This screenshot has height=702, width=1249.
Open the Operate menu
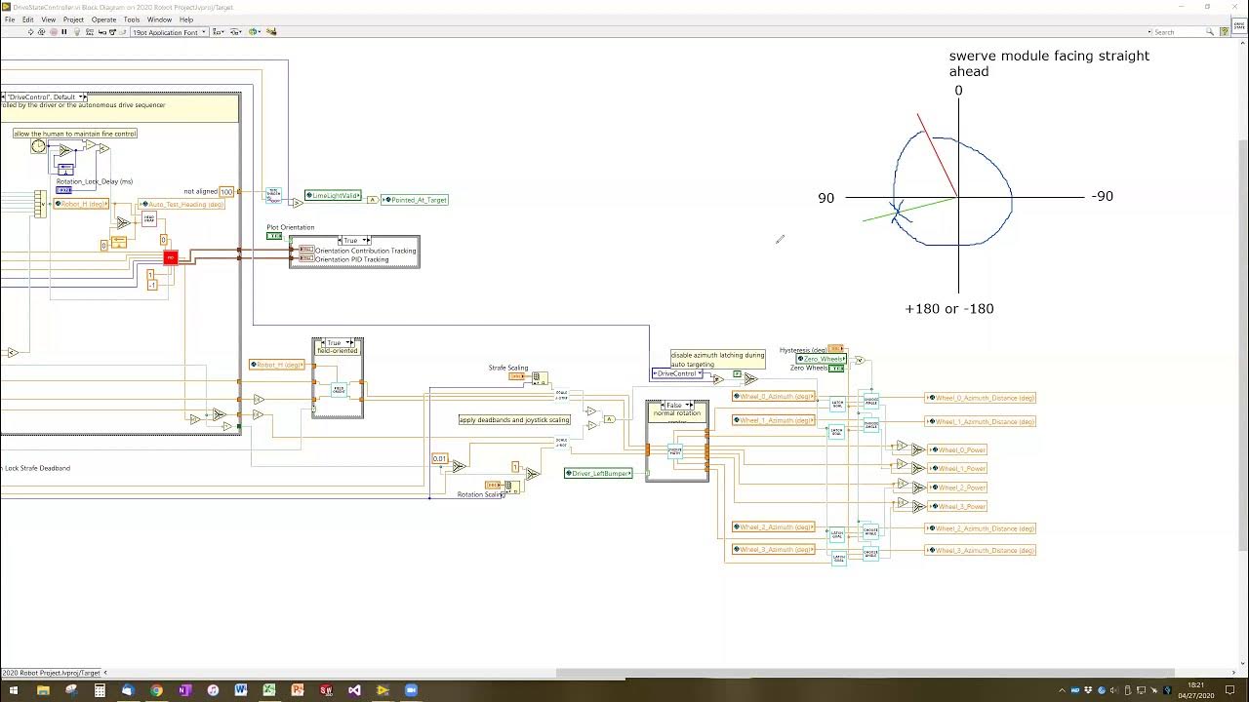(103, 19)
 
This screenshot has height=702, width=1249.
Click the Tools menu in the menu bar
(132, 19)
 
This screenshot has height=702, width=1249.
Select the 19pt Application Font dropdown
(170, 32)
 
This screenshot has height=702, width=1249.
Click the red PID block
(171, 257)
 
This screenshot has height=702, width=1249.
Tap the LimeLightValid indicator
(334, 196)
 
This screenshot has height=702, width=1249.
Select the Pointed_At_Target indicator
(416, 200)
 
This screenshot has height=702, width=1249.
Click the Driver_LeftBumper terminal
(599, 473)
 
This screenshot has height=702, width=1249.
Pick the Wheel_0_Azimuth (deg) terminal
(774, 397)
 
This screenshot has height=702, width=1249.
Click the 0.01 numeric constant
(440, 458)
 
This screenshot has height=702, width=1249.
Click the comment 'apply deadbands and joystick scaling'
(515, 420)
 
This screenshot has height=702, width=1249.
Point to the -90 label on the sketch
(1102, 196)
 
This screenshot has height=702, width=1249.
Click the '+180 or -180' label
(948, 309)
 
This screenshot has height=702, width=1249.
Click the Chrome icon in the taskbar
(156, 690)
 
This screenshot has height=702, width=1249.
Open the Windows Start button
(14, 690)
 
